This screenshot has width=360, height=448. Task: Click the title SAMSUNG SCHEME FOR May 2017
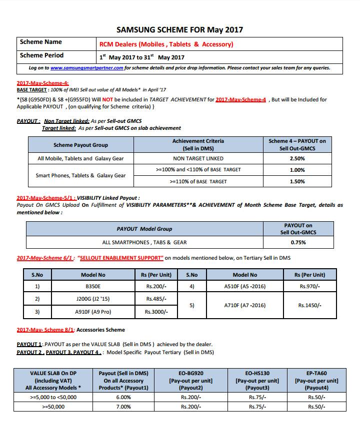(x=179, y=29)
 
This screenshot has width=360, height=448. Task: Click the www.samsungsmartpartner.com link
(x=86, y=68)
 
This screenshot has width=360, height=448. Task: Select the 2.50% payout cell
(x=297, y=158)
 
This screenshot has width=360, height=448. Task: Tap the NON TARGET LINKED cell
(x=198, y=158)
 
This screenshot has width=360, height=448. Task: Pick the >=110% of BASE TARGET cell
(x=198, y=181)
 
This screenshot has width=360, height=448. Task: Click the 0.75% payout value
(x=298, y=242)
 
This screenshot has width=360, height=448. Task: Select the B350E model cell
(x=93, y=287)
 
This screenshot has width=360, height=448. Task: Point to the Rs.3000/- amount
(x=156, y=312)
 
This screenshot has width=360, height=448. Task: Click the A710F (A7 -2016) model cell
(x=245, y=305)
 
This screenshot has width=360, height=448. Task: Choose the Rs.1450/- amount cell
(x=310, y=305)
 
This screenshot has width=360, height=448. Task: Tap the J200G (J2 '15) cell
(x=93, y=299)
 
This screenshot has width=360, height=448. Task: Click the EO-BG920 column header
(x=191, y=380)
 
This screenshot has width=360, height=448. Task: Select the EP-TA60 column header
(x=316, y=380)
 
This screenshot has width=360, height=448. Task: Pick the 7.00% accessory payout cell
(x=123, y=407)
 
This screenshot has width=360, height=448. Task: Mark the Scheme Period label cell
(x=42, y=55)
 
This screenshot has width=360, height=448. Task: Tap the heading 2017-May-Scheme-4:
(x=43, y=83)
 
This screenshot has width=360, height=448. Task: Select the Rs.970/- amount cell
(x=310, y=287)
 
